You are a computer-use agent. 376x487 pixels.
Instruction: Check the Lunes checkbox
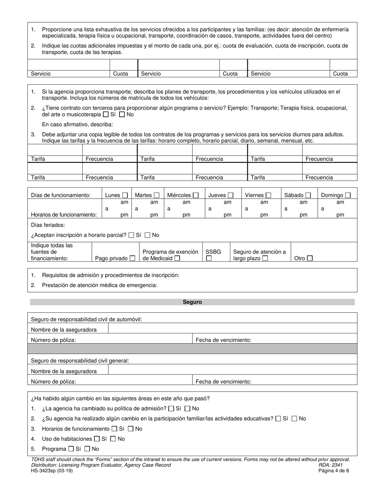[x=125, y=195]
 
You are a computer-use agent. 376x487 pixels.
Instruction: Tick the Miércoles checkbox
[x=196, y=195]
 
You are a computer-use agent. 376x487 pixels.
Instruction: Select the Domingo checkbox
[x=348, y=195]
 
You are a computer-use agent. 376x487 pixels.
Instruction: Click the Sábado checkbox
[x=308, y=195]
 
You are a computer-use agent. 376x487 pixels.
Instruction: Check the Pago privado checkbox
[x=132, y=259]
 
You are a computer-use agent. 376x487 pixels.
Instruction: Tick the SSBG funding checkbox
[x=209, y=259]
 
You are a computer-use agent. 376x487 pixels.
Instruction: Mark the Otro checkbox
[x=310, y=259]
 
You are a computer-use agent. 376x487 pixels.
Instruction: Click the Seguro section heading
[x=192, y=302]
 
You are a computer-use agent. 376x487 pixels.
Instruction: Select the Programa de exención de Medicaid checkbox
[x=177, y=259]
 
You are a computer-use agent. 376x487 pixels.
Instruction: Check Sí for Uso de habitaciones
[x=97, y=439]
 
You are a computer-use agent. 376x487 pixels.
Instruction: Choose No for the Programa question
[x=87, y=449]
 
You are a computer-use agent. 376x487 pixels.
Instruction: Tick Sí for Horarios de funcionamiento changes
[x=114, y=429]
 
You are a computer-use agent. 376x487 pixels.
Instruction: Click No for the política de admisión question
[x=188, y=409]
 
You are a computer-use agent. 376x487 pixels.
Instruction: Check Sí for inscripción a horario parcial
[x=132, y=235]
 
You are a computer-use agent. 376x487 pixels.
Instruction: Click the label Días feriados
[x=48, y=225]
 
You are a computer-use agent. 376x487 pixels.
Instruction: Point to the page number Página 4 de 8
[x=334, y=471]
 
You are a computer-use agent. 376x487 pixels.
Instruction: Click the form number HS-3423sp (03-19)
[x=52, y=471]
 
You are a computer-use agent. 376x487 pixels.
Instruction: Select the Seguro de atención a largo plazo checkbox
[x=265, y=259]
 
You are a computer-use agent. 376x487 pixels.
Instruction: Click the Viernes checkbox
[x=269, y=195]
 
